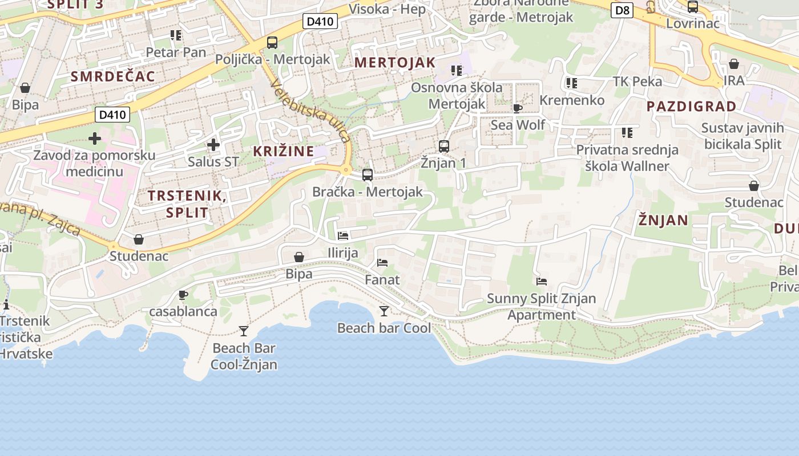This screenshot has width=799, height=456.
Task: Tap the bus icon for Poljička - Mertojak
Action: pyautogui.click(x=272, y=42)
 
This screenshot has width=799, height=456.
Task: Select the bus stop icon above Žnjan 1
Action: pyautogui.click(x=444, y=146)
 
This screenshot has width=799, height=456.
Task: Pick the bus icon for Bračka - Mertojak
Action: pyautogui.click(x=368, y=175)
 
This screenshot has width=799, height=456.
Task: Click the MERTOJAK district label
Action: pyautogui.click(x=395, y=63)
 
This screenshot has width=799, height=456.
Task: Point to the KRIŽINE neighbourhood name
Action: pyautogui.click(x=284, y=151)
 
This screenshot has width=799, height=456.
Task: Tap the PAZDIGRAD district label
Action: pyautogui.click(x=691, y=106)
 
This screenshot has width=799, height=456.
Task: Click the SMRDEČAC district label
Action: pyautogui.click(x=113, y=76)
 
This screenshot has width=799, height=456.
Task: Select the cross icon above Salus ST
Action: pyautogui.click(x=213, y=145)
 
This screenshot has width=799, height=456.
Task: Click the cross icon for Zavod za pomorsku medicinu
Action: pyautogui.click(x=95, y=139)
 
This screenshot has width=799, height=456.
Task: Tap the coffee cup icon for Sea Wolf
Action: pyautogui.click(x=518, y=108)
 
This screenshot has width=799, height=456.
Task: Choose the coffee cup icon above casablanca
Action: pyautogui.click(x=183, y=295)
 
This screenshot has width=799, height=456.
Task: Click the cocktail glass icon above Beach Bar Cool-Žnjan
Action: pyautogui.click(x=244, y=331)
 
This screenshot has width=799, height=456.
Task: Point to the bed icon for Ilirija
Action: pyautogui.click(x=343, y=235)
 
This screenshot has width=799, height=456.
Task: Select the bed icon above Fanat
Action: pyautogui.click(x=382, y=263)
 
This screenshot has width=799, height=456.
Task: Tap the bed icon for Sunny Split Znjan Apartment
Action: pyautogui.click(x=542, y=281)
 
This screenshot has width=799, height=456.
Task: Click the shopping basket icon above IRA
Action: pyautogui.click(x=734, y=64)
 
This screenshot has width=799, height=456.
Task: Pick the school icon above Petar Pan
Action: pyautogui.click(x=176, y=35)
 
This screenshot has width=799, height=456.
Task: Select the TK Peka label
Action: pyautogui.click(x=637, y=82)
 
